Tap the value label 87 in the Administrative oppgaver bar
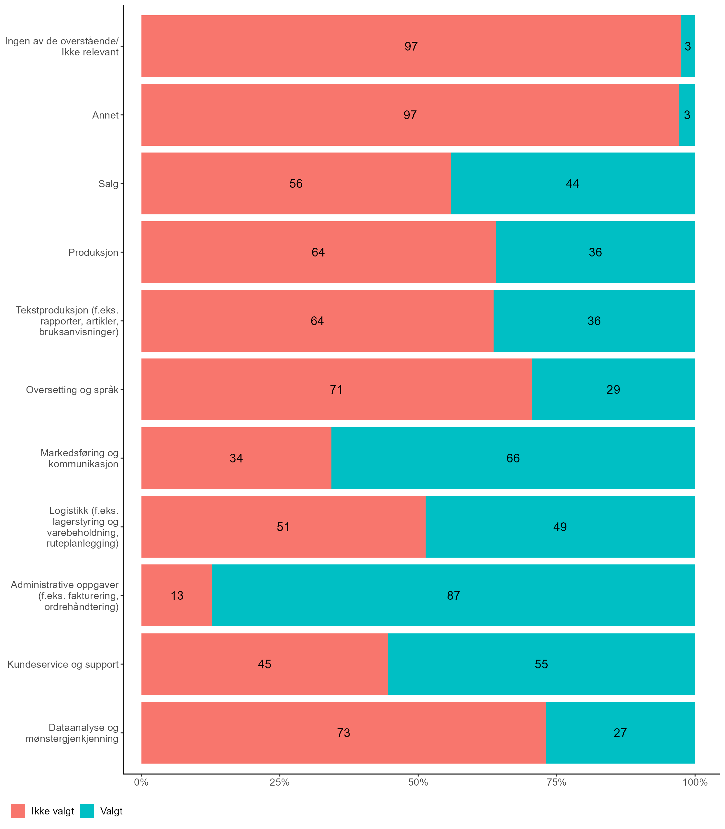point(453,596)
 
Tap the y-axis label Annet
point(105,115)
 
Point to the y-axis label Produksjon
point(93,253)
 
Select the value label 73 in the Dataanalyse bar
point(343,732)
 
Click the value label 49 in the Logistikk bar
point(560,527)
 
